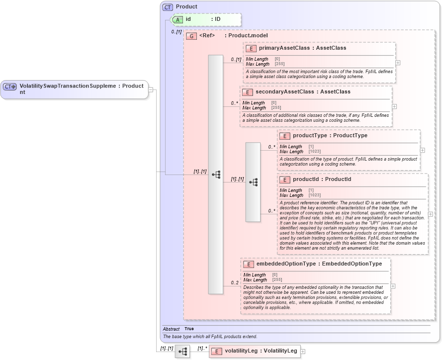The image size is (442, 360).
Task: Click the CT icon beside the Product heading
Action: point(168,7)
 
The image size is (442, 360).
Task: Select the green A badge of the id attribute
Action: point(177,19)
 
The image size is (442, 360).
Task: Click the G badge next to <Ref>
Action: point(191,36)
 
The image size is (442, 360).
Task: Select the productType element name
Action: point(310,136)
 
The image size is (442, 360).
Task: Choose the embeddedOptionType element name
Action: point(286,264)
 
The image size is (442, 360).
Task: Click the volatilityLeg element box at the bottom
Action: point(254,351)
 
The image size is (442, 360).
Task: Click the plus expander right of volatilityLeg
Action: point(303,351)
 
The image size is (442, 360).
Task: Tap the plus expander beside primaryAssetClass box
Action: point(398,63)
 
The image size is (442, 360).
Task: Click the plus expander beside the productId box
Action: point(430,214)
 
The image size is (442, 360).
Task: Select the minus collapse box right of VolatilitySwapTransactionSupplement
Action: point(151,90)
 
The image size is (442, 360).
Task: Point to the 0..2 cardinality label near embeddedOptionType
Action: point(235,283)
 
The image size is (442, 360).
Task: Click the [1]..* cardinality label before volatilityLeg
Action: point(202,348)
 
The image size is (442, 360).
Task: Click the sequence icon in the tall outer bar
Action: point(216,175)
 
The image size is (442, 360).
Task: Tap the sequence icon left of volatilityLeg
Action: point(182,351)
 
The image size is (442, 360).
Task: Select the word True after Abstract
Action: point(189,329)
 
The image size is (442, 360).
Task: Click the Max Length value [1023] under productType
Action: point(314,151)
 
